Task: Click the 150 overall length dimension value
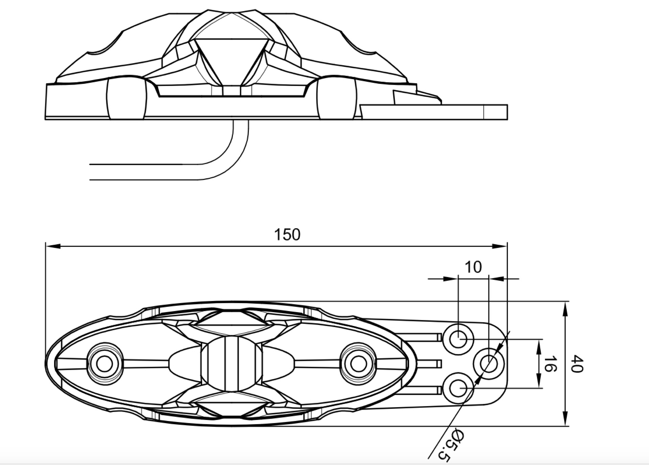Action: pos(287,235)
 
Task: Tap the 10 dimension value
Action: pos(473,267)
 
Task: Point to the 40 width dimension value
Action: pos(577,364)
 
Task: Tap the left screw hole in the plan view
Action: pos(104,364)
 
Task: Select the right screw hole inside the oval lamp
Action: pos(358,364)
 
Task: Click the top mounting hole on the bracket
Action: pos(458,339)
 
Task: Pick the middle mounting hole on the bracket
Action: pos(489,364)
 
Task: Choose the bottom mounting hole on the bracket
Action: pos(458,388)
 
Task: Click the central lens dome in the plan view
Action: pos(232,364)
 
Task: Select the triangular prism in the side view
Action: pos(231,61)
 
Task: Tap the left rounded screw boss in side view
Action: pos(127,98)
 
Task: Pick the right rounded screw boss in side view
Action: pos(337,98)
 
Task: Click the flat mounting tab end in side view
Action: pos(496,112)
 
